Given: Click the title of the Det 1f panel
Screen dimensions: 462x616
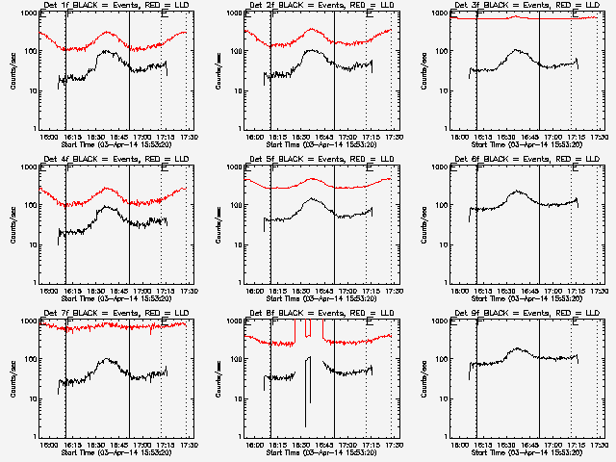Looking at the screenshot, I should (115, 7).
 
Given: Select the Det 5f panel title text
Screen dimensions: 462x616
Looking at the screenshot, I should (320, 161).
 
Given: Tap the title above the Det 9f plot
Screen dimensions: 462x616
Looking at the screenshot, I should (525, 315).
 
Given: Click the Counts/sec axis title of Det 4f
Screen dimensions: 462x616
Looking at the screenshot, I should (13, 224).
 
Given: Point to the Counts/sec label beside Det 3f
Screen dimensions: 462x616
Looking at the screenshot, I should (423, 70).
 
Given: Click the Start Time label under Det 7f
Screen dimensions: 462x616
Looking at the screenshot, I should (115, 451).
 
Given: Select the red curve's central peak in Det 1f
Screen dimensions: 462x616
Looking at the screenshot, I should (106, 31).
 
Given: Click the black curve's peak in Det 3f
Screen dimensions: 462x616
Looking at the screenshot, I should (517, 50).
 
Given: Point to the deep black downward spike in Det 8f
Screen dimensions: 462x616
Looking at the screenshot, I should (306, 425).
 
